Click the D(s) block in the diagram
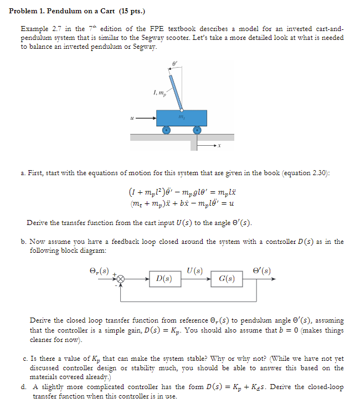164,278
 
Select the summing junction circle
120,279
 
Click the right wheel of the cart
197,130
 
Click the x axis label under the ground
219,146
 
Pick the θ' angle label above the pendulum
174,65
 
